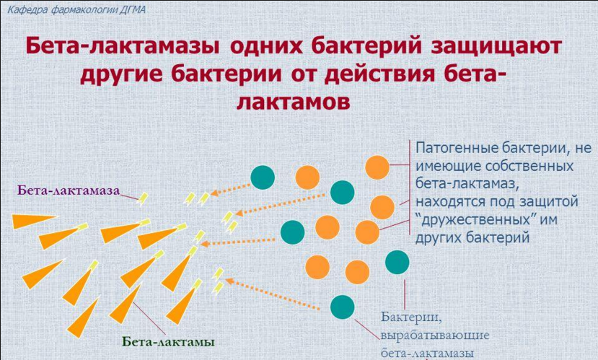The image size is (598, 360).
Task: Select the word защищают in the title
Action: pos(496,46)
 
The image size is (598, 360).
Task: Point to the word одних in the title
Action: pos(266,45)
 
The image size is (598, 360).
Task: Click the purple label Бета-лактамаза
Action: pos(69,190)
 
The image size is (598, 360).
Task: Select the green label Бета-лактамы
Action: pos(168,341)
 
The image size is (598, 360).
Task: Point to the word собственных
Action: pos(529,166)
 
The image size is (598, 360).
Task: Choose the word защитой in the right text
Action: pos(550,201)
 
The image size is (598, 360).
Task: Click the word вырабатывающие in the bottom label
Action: pos(435,335)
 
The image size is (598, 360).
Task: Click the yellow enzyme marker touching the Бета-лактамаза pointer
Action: pos(143,198)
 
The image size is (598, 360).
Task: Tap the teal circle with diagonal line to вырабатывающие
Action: pos(342,307)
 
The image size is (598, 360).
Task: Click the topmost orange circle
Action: pos(377,167)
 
